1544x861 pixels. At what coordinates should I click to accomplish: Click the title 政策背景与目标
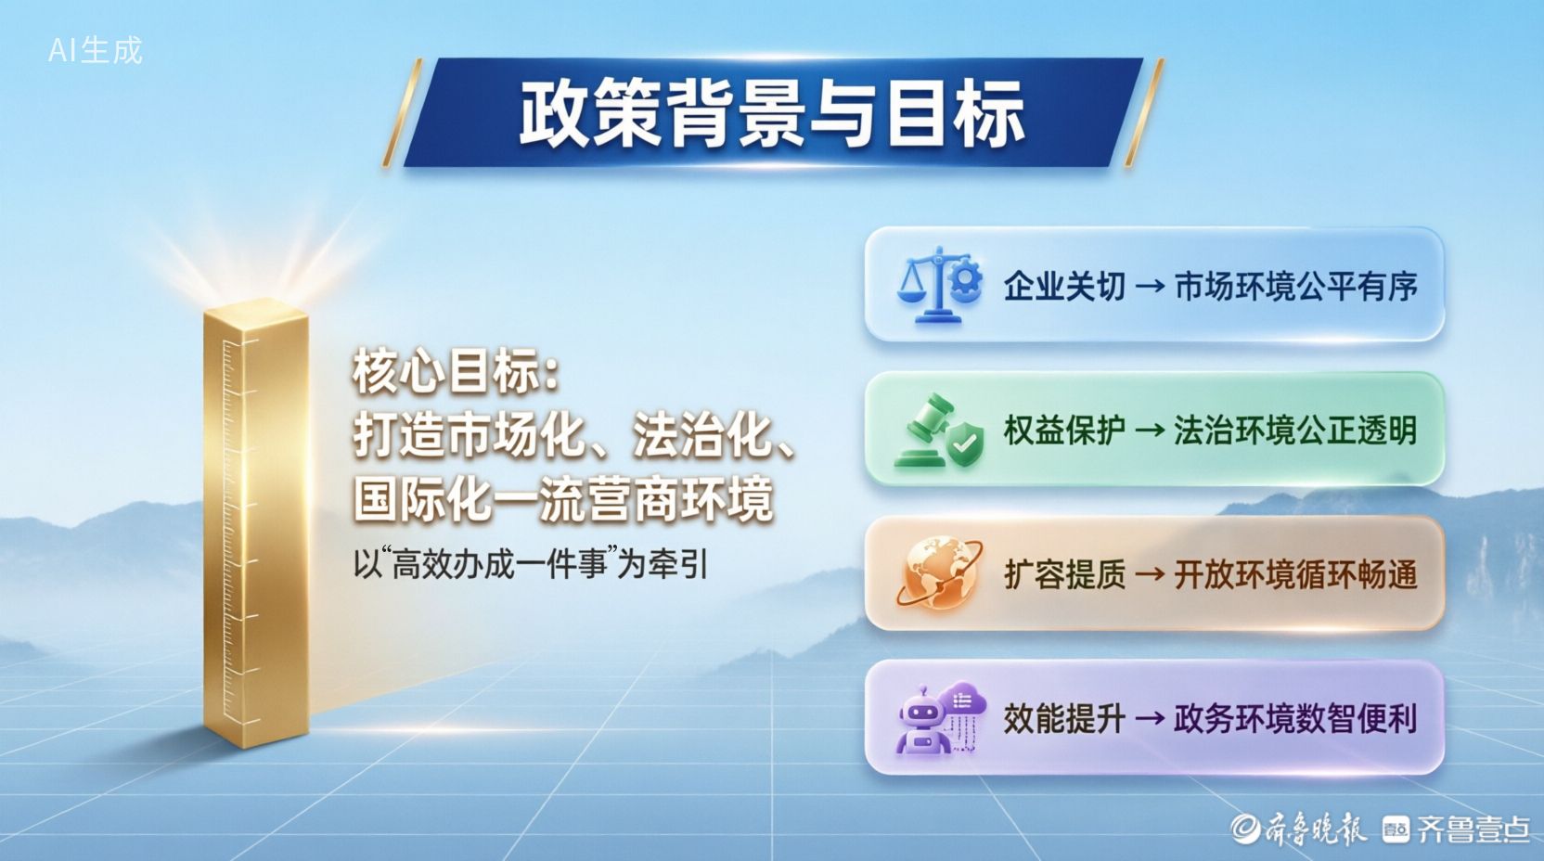point(771,113)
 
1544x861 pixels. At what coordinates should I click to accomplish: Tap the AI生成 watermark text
point(96,50)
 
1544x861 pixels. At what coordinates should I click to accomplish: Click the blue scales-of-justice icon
point(939,284)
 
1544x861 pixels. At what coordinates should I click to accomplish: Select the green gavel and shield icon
point(939,430)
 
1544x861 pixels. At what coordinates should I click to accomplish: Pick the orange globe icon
point(940,573)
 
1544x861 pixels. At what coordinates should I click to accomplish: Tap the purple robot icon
point(940,717)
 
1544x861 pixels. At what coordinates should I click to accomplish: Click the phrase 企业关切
point(1064,286)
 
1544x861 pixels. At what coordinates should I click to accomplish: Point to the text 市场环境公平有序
point(1296,286)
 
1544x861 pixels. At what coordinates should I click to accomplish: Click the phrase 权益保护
point(1064,430)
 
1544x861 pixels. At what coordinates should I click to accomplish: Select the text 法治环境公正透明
point(1296,430)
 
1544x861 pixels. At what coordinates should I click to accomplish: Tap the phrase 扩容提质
point(1064,575)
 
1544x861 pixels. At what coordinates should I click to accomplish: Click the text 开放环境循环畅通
point(1296,575)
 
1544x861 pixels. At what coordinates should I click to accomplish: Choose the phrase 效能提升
point(1064,719)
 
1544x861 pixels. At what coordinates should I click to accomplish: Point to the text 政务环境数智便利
point(1296,719)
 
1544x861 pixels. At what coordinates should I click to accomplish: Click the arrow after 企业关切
point(1150,287)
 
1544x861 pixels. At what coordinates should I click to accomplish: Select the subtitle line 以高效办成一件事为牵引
point(531,565)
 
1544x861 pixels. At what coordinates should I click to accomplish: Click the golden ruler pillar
point(256,524)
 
